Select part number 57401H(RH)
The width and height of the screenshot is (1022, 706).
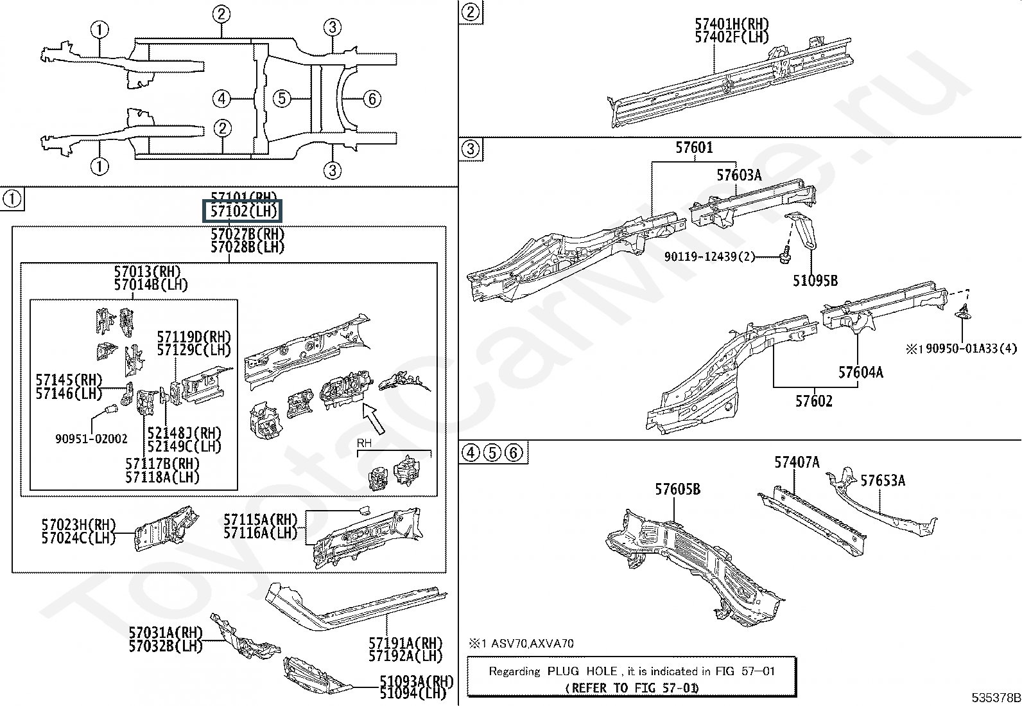(x=732, y=24)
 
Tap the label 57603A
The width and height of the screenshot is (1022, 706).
(x=739, y=175)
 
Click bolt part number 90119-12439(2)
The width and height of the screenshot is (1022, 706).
(x=709, y=257)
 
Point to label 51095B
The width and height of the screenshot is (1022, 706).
(x=815, y=281)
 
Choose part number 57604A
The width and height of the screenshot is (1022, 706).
(x=860, y=372)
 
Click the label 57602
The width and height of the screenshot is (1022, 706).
(x=813, y=402)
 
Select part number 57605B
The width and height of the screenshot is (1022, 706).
(x=677, y=490)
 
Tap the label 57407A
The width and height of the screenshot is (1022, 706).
(x=797, y=463)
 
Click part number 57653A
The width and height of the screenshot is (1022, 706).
(x=883, y=481)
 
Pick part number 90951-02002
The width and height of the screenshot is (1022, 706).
(x=91, y=439)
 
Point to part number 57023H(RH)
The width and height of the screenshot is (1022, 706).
(x=78, y=525)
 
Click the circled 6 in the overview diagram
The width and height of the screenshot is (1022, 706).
(x=372, y=99)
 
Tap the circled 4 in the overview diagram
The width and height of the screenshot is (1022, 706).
(x=221, y=99)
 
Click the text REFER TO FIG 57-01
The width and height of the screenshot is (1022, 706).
(x=632, y=687)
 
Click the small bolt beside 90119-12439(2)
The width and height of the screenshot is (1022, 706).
(x=783, y=256)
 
